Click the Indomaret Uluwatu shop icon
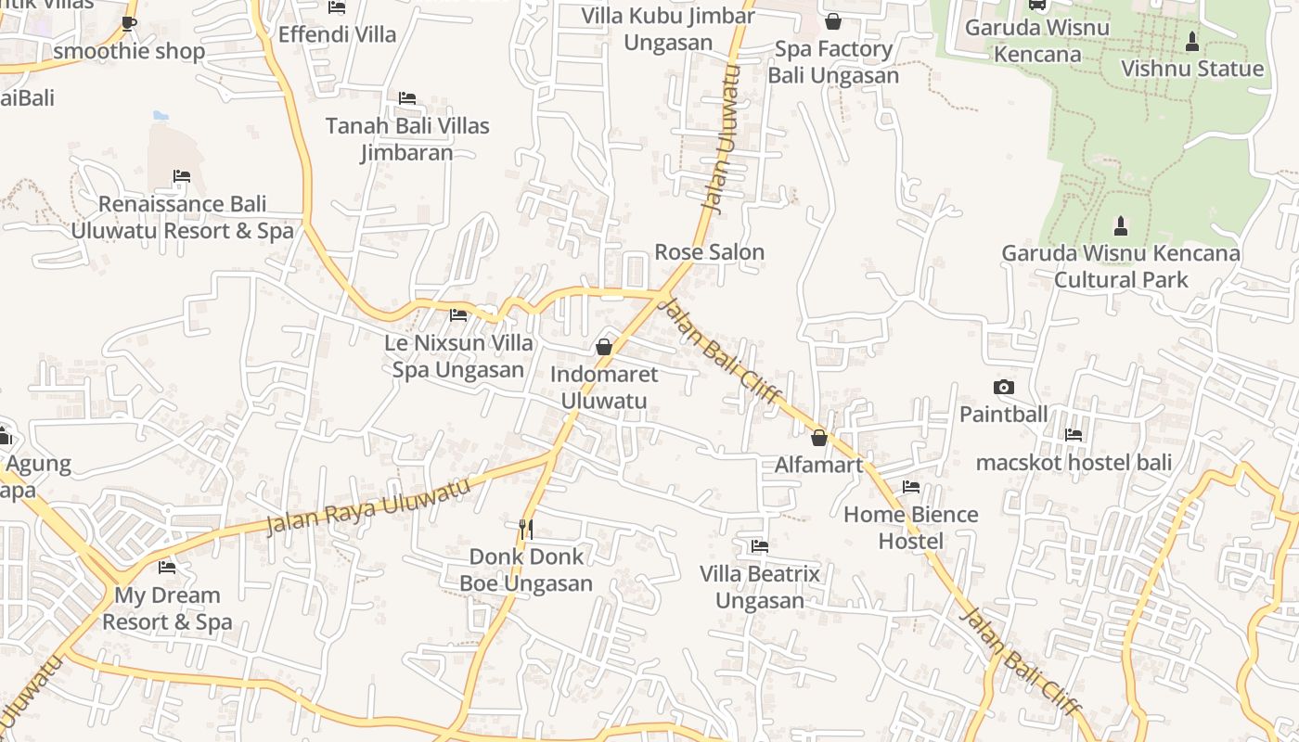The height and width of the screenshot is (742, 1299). pyautogui.click(x=604, y=347)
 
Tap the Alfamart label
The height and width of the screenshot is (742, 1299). pyautogui.click(x=818, y=465)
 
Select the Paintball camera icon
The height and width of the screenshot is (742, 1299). pyautogui.click(x=1003, y=388)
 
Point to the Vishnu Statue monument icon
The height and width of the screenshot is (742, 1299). pyautogui.click(x=1192, y=42)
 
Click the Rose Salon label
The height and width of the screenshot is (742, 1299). pyautogui.click(x=709, y=252)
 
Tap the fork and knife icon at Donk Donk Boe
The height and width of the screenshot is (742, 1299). pyautogui.click(x=526, y=529)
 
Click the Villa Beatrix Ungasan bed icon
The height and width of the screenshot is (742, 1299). pyautogui.click(x=760, y=546)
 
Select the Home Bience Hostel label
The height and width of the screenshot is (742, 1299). pyautogui.click(x=910, y=528)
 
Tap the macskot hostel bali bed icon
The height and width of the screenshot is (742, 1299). pyautogui.click(x=1074, y=434)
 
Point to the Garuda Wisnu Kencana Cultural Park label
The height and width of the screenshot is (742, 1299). pyautogui.click(x=1120, y=266)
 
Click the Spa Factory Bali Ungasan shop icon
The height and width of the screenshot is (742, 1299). pyautogui.click(x=833, y=21)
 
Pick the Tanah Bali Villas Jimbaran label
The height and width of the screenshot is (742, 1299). pyautogui.click(x=407, y=139)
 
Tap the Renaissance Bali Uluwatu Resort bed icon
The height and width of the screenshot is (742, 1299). pyautogui.click(x=181, y=176)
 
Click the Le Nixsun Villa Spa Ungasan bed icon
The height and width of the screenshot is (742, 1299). pyautogui.click(x=458, y=315)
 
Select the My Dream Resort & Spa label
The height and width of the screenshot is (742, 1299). pyautogui.click(x=167, y=608)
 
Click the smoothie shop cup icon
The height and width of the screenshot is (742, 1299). pyautogui.click(x=129, y=23)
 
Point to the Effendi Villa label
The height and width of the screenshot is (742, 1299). pyautogui.click(x=337, y=35)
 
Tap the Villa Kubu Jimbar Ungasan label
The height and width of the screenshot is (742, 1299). pyautogui.click(x=668, y=29)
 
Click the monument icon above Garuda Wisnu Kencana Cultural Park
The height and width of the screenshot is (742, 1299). pyautogui.click(x=1120, y=225)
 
